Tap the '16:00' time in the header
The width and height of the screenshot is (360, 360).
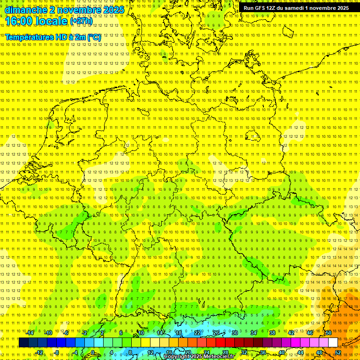pyautogui.click(x=19, y=21)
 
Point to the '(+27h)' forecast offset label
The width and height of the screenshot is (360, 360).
pyautogui.click(x=81, y=22)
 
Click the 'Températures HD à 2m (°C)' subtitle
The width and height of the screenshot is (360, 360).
pyautogui.click(x=53, y=37)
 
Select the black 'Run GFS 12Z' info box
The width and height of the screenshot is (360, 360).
pyautogui.click(x=296, y=8)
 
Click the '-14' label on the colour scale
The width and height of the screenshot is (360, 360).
pyautogui.click(x=30, y=333)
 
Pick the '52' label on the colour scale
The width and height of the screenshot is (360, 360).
pyautogui.click(x=338, y=352)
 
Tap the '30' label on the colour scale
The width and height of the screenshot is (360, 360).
pyautogui.click(x=235, y=333)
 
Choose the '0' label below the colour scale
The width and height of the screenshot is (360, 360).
pyautogui.click(x=93, y=352)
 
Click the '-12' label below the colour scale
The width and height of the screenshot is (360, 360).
pyautogui.click(x=39, y=352)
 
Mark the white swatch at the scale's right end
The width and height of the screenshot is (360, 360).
pyautogui.click(x=333, y=343)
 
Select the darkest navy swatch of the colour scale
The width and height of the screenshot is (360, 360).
pyautogui.click(x=23, y=343)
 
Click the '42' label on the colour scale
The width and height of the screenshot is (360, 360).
pyautogui.click(x=291, y=333)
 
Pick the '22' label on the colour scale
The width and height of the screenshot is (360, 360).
pyautogui.click(x=197, y=333)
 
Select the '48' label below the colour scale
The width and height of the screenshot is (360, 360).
pyautogui.click(x=319, y=352)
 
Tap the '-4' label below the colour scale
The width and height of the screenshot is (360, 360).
pyautogui.click(x=75, y=352)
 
